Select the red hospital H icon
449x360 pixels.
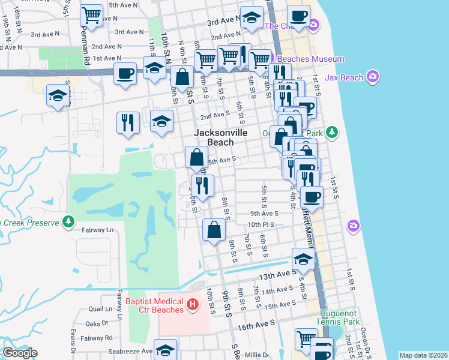192,305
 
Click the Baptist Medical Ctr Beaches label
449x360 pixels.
155,305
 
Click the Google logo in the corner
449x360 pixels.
19,352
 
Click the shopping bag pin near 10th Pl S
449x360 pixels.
214,230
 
